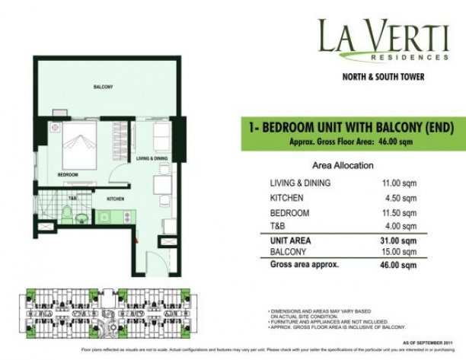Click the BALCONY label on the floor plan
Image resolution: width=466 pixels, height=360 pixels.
pos(104,88)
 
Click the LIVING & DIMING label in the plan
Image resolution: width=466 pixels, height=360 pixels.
pos(152,158)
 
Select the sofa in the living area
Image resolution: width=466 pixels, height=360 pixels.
pos(161,136)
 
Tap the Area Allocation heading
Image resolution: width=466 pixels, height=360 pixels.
pos(343,164)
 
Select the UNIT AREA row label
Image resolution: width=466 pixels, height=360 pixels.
pos(291,241)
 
